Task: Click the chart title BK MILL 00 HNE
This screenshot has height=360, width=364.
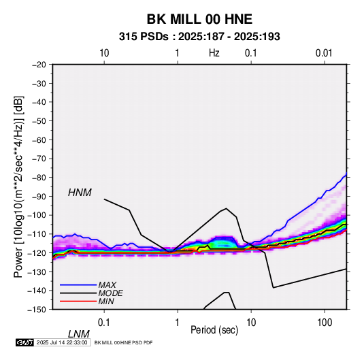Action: click(x=199, y=19)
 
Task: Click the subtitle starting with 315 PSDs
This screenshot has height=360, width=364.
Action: click(x=199, y=37)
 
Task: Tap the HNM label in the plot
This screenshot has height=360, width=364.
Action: click(x=80, y=193)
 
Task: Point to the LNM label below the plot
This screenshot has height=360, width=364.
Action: click(x=79, y=334)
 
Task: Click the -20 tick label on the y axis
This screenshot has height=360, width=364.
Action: click(x=39, y=65)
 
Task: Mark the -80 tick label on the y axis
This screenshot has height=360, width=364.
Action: click(x=39, y=178)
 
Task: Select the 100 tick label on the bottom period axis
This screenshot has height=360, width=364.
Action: click(x=325, y=323)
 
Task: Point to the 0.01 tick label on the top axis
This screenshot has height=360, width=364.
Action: click(x=324, y=53)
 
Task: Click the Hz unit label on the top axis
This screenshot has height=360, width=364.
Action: click(x=214, y=53)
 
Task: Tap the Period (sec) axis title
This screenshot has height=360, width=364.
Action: click(x=214, y=330)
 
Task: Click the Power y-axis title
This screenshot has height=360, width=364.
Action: click(x=18, y=186)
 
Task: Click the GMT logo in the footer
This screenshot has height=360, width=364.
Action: click(x=24, y=342)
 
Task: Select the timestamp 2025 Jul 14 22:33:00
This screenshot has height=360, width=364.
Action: click(x=62, y=342)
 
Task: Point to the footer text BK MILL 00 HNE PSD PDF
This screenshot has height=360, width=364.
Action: click(x=124, y=342)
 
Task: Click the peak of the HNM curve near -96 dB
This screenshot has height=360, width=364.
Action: click(x=226, y=208)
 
